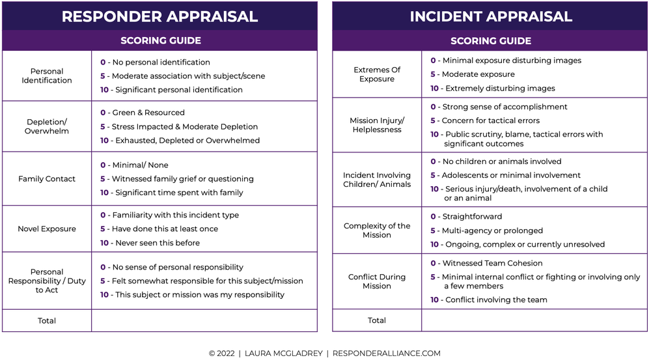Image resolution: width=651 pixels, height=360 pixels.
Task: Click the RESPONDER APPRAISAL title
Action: point(159,16)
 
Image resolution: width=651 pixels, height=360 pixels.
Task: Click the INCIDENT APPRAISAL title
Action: point(491,16)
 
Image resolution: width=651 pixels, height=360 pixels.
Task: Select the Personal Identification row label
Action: point(47,76)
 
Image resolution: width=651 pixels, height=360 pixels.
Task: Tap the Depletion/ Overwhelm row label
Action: point(47,126)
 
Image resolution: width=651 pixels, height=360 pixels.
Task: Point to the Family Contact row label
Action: point(47,178)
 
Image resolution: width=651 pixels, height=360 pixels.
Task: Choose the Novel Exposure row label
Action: point(47,228)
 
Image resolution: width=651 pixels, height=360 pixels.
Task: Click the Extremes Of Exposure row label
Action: point(377,74)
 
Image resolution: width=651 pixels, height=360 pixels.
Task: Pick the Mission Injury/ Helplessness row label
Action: point(377,125)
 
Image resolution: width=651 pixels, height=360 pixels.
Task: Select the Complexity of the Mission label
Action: point(377,230)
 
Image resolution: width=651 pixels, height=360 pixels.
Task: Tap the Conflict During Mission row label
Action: point(377,281)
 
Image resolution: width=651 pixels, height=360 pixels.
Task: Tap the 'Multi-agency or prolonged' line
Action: point(486,230)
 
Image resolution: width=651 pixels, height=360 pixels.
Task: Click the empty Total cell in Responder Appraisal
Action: point(204,320)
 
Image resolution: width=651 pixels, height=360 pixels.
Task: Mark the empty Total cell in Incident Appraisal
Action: point(534,320)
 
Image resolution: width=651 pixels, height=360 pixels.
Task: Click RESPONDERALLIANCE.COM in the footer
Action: point(387,353)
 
